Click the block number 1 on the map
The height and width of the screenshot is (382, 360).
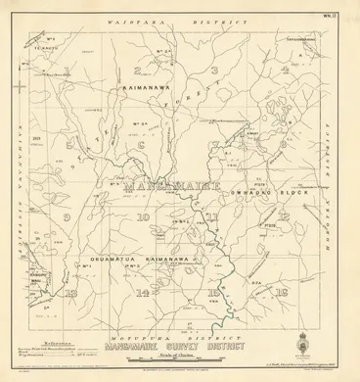(67, 70)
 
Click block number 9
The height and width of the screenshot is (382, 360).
(67, 217)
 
